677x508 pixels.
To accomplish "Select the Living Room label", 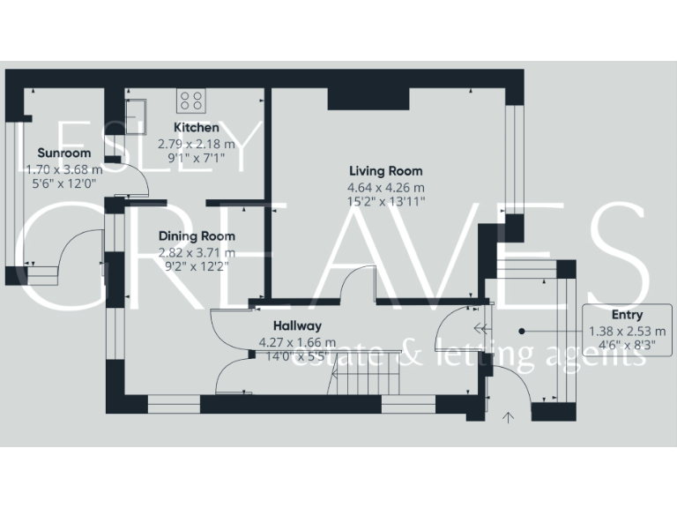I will (385, 171).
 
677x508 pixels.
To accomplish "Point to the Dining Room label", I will (197, 235).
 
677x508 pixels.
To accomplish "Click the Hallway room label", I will (297, 325).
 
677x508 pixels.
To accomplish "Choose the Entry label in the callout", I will (627, 315).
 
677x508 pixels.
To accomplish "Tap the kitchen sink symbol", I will (137, 113).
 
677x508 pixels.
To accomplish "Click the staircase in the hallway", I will (367, 381).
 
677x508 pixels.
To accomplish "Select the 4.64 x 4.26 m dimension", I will (385, 187).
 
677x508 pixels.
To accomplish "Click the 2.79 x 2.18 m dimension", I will (197, 143).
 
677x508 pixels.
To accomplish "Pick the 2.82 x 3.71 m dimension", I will (197, 251).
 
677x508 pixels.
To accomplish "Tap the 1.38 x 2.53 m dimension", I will (627, 332).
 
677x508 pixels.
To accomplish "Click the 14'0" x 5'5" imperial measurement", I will (297, 357).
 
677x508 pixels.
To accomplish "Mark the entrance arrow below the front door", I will (508, 416).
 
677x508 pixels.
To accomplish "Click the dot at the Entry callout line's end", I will (522, 332).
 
